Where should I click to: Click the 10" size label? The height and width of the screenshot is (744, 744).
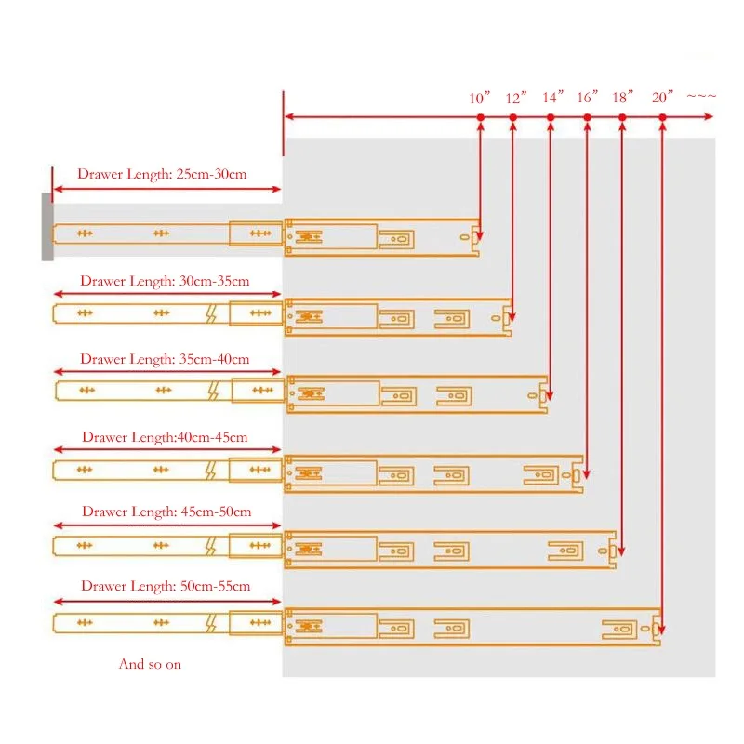tap(479, 98)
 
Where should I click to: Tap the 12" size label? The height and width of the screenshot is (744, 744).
tap(516, 98)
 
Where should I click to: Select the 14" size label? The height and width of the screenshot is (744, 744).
tap(552, 97)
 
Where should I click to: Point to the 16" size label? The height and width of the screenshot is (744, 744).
tap(587, 97)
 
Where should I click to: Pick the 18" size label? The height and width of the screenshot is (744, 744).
tap(622, 97)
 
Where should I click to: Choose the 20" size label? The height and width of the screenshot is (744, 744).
tap(662, 97)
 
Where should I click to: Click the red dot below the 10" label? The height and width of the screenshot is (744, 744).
tap(481, 117)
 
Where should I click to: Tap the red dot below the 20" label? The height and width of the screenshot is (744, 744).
tap(663, 117)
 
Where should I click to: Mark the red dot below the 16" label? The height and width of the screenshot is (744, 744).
tap(588, 117)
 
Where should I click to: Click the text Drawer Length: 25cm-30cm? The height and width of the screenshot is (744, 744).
tap(162, 174)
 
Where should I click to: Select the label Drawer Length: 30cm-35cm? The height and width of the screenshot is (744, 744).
tap(165, 281)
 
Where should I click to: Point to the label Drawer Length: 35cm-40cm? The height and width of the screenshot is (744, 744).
tap(165, 359)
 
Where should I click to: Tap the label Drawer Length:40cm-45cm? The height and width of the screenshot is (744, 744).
tap(165, 437)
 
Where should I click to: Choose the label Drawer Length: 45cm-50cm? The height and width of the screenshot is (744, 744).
tap(166, 511)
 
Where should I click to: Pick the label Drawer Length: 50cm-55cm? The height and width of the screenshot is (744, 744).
tap(166, 586)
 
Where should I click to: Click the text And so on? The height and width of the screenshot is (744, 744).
tap(150, 664)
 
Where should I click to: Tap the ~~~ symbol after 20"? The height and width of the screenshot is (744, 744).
tap(701, 97)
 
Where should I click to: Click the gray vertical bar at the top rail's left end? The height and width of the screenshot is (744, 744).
tap(47, 227)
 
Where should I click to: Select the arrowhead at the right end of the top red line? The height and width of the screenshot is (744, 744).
tap(709, 117)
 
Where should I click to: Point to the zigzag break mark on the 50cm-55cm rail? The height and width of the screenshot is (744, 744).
tap(211, 623)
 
